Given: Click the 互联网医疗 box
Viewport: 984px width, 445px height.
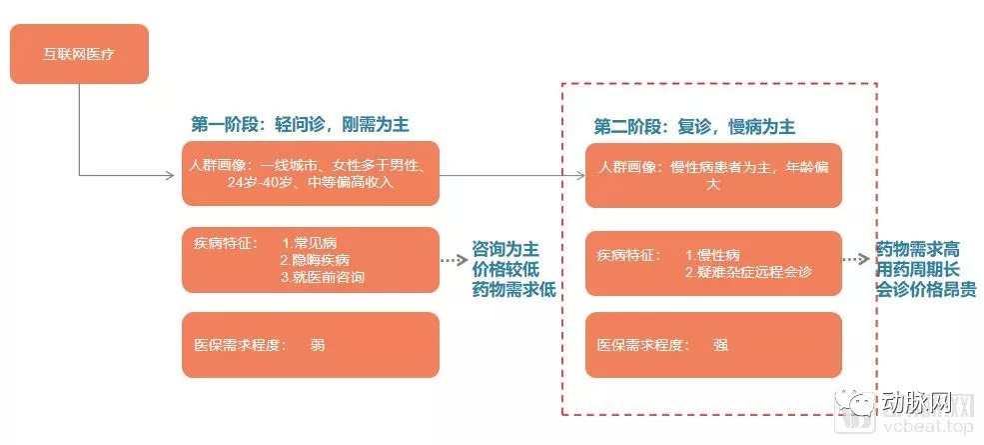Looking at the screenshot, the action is (x=79, y=54).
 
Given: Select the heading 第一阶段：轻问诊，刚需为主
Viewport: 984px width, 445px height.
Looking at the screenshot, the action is (x=300, y=125).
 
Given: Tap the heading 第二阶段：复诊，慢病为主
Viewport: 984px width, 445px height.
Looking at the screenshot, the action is (x=694, y=127).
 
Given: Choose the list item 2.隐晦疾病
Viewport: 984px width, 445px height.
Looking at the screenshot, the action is (x=315, y=260).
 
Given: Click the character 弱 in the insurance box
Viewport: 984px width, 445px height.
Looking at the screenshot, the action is (x=318, y=345).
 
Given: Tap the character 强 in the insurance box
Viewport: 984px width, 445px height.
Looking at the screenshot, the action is (x=720, y=345).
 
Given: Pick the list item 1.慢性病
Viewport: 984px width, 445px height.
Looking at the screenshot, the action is (x=712, y=255).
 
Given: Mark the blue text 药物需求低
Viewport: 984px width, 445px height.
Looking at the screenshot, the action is (x=513, y=289).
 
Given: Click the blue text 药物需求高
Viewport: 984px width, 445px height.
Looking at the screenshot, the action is (x=917, y=249).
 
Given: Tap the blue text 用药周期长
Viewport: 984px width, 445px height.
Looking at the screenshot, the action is (x=917, y=270).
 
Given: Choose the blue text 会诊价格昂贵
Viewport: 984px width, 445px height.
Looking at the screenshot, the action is (x=926, y=290).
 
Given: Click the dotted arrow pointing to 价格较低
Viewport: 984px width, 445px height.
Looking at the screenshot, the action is (x=454, y=260).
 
